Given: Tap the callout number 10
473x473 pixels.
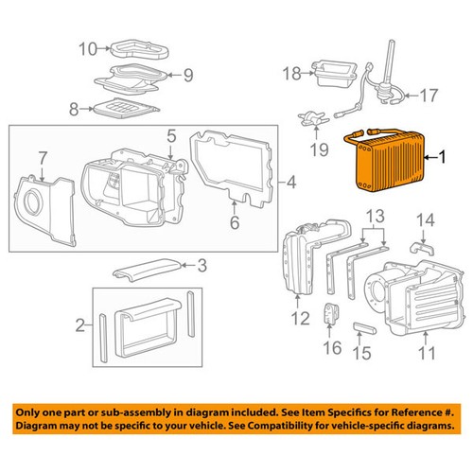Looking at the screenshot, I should click(x=86, y=48).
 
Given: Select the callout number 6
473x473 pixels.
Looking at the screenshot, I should click(x=236, y=222).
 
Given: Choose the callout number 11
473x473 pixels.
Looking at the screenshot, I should click(x=428, y=355).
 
